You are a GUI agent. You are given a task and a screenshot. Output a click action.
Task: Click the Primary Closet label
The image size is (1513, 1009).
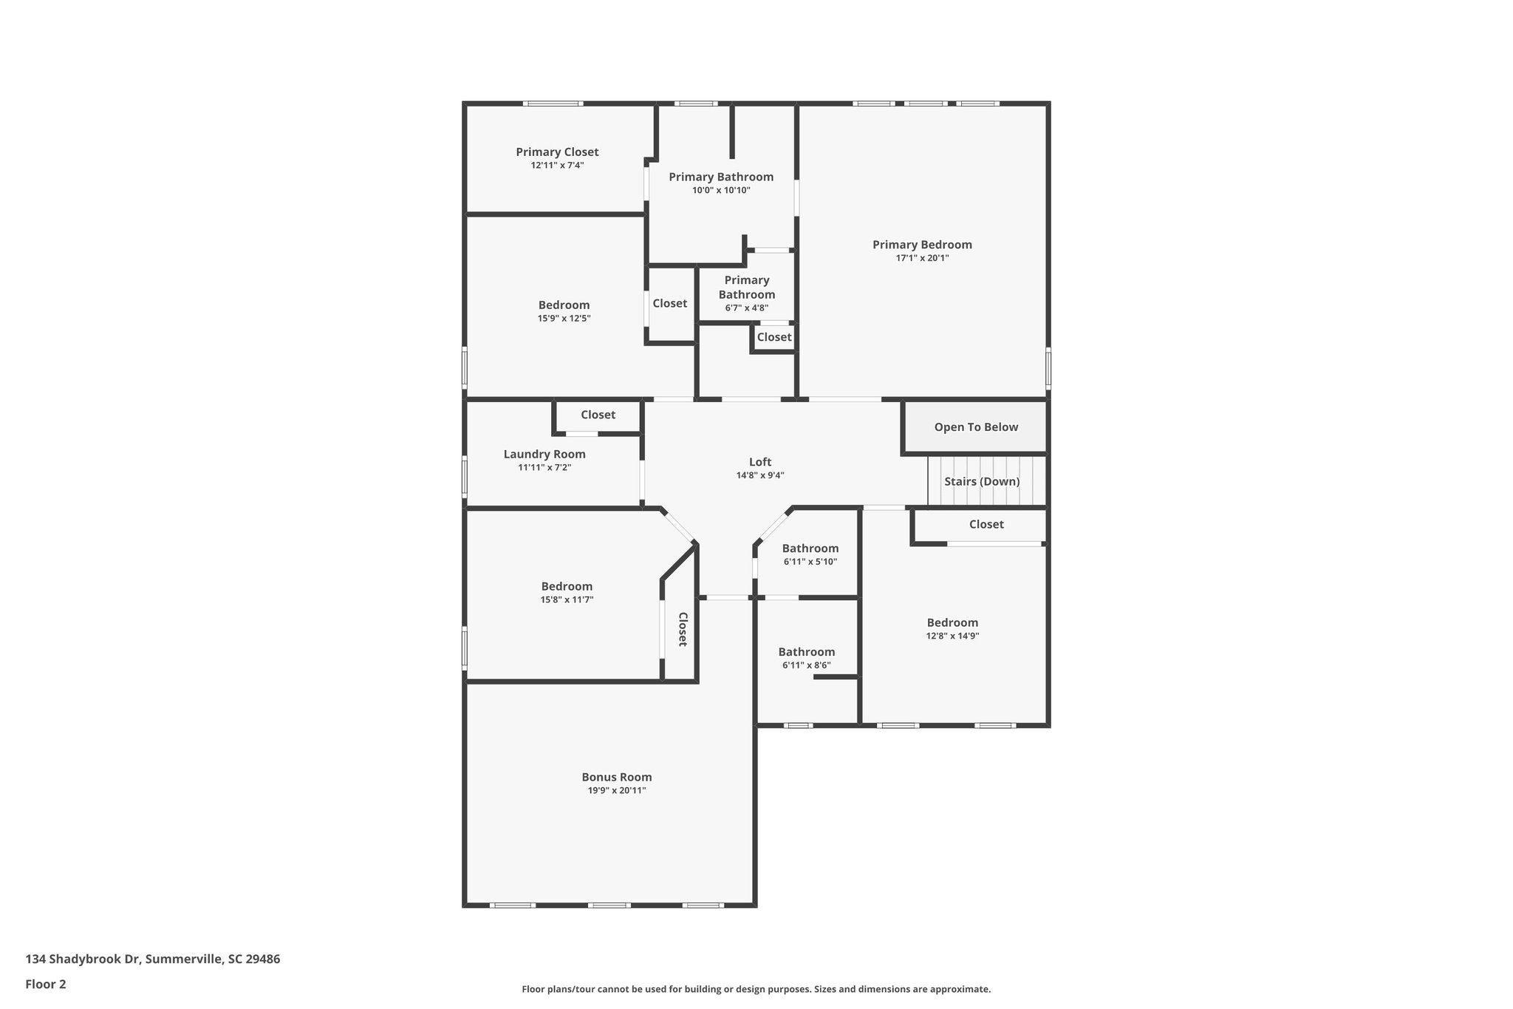tap(557, 152)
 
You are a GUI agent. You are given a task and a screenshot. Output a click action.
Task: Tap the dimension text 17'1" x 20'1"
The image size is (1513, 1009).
tap(922, 258)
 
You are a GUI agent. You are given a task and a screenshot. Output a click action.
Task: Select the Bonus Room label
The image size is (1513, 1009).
tap(616, 777)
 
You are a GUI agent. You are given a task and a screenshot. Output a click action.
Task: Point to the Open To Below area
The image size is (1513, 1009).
tap(975, 427)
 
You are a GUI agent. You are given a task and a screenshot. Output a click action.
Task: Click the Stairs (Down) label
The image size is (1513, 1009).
tap(982, 482)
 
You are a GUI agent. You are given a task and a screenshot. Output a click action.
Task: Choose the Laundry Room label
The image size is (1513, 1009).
tap(544, 455)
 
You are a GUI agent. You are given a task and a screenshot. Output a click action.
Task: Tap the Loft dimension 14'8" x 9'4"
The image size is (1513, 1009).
tap(759, 475)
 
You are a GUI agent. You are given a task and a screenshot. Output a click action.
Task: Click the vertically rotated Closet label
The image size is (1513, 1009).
tap(683, 629)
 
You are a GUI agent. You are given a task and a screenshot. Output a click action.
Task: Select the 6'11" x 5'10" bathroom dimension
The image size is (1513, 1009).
tap(810, 562)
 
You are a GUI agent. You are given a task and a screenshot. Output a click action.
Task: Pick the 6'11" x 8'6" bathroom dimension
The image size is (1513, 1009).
tap(806, 665)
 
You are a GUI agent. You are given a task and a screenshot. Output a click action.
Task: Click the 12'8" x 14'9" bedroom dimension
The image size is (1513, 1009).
tap(952, 636)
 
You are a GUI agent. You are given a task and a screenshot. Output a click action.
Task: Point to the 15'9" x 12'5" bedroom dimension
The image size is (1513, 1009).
tap(564, 319)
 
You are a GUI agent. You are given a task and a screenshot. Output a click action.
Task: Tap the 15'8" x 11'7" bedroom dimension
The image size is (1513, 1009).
tap(567, 599)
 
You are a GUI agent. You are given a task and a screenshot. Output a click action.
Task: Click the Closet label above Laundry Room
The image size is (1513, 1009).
tap(598, 415)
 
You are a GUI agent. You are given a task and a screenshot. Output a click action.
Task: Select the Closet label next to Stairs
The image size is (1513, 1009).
tap(986, 524)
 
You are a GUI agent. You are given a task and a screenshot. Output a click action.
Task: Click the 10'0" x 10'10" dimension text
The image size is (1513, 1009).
tap(721, 190)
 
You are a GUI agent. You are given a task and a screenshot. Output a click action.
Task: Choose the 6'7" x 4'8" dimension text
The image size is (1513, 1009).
tap(746, 308)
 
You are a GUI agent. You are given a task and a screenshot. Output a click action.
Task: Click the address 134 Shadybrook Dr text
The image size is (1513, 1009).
tap(152, 959)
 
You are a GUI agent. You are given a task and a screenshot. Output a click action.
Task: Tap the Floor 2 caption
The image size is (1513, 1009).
tap(46, 984)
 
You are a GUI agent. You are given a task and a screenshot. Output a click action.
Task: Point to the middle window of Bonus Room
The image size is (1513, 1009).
tap(609, 905)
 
